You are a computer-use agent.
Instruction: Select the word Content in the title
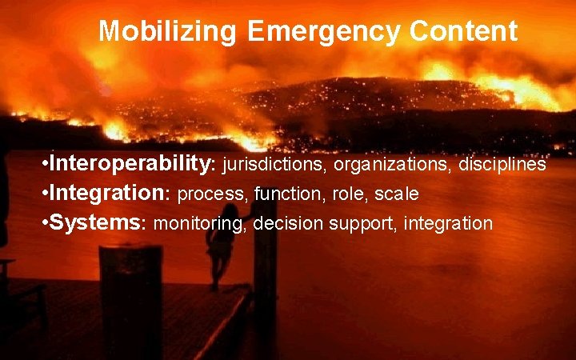point(463,32)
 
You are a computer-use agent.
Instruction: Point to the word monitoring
point(199,224)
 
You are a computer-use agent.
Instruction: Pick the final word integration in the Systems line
point(448,224)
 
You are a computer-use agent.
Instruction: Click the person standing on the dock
point(218,248)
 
